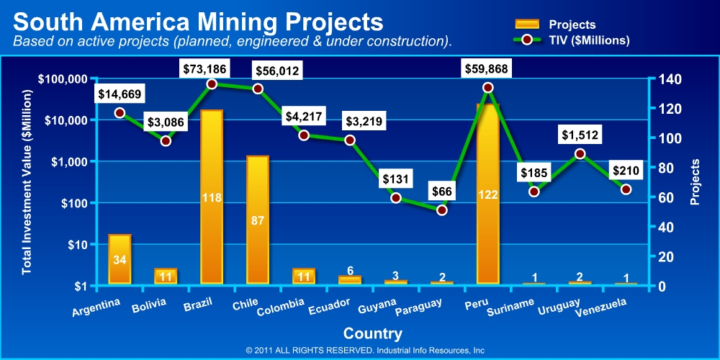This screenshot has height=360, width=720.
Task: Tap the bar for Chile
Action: pyautogui.click(x=258, y=220)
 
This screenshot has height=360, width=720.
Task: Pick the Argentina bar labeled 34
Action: pyautogui.click(x=120, y=258)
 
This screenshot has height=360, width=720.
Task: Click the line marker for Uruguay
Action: pyautogui.click(x=580, y=153)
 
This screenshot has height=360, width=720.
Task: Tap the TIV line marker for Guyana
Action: pyautogui.click(x=396, y=197)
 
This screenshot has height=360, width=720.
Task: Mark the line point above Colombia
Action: pyautogui.click(x=304, y=135)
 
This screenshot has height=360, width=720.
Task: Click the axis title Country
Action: pyautogui.click(x=373, y=333)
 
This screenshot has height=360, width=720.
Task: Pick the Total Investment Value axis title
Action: pyautogui.click(x=27, y=182)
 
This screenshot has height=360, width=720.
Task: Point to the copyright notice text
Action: pyautogui.click(x=365, y=351)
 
